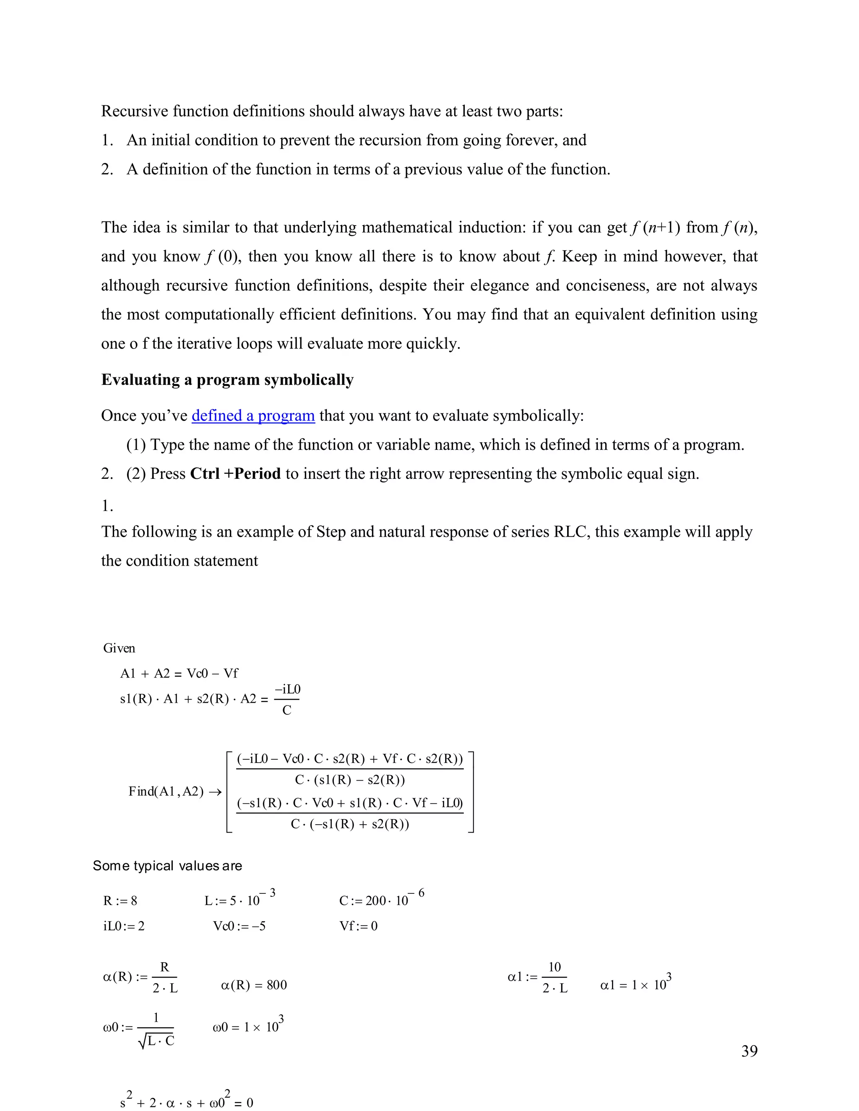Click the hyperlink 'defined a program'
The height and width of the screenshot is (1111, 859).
(x=253, y=415)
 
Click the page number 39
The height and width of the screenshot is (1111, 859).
(x=749, y=1051)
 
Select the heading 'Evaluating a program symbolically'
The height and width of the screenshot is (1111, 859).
(x=227, y=380)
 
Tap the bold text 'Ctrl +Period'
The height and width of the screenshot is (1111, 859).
(x=235, y=474)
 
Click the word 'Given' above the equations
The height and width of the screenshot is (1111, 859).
(x=119, y=648)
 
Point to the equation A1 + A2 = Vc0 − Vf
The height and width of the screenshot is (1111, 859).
(x=179, y=674)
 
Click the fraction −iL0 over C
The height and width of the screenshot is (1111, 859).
(x=287, y=699)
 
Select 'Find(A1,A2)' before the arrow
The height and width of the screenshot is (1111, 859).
(x=166, y=792)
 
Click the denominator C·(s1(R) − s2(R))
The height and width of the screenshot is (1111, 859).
(x=350, y=780)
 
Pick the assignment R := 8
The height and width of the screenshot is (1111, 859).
(x=120, y=901)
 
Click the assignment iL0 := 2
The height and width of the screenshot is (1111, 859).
(x=124, y=926)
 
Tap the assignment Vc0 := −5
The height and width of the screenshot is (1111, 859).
(x=239, y=926)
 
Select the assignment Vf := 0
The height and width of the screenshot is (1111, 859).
(x=358, y=926)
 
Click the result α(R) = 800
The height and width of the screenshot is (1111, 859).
(x=253, y=985)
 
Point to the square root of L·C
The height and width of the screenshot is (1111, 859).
(x=156, y=1041)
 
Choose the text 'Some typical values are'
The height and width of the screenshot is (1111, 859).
(x=167, y=866)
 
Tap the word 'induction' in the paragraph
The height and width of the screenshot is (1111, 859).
(x=492, y=227)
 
